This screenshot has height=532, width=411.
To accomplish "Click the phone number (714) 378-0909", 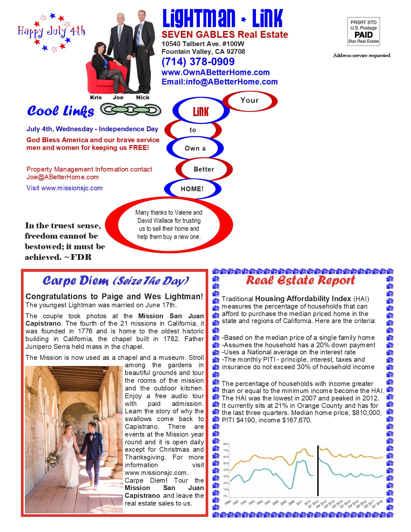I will tap(198, 62).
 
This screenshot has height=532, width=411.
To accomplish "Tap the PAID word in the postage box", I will tap(363, 35).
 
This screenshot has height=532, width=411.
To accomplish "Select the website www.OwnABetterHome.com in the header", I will tap(215, 73).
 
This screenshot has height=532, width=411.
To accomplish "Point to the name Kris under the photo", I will tap(96, 97).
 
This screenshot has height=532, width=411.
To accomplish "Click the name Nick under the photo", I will tap(142, 97).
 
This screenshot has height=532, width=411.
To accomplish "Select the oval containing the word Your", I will tap(250, 101).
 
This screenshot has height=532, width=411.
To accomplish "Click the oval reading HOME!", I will tap(192, 189).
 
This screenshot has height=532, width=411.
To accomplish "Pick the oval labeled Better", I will tap(204, 169).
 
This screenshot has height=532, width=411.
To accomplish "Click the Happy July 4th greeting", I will tap(52, 32).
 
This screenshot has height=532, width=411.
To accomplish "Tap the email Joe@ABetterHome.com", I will tap(63, 177).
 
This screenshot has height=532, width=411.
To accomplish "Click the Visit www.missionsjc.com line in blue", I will tap(64, 188).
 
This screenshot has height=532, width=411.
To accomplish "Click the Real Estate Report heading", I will tap(300, 281).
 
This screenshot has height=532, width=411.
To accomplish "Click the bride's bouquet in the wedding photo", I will tap(52, 458).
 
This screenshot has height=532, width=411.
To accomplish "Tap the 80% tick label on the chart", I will tap(226, 444).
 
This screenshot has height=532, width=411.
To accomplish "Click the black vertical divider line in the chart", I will tap(318, 471).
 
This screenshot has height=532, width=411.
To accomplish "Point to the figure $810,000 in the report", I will tap(367, 413).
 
